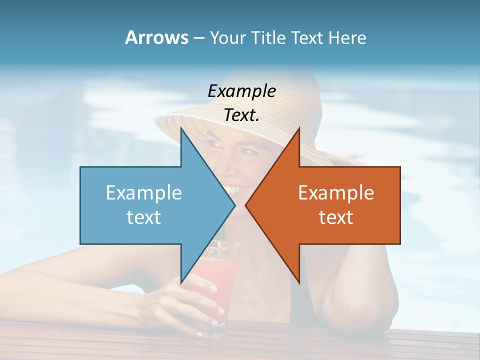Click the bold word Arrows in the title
[157, 37]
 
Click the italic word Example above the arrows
[241, 91]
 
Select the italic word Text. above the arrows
[241, 115]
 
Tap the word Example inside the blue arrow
[144, 192]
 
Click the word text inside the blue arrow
[144, 217]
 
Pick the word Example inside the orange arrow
[336, 192]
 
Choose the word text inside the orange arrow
[336, 217]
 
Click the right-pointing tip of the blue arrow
[234, 205]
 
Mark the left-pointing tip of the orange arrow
[245, 205]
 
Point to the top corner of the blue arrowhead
[181, 128]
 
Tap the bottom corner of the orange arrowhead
[299, 283]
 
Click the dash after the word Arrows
[198, 38]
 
